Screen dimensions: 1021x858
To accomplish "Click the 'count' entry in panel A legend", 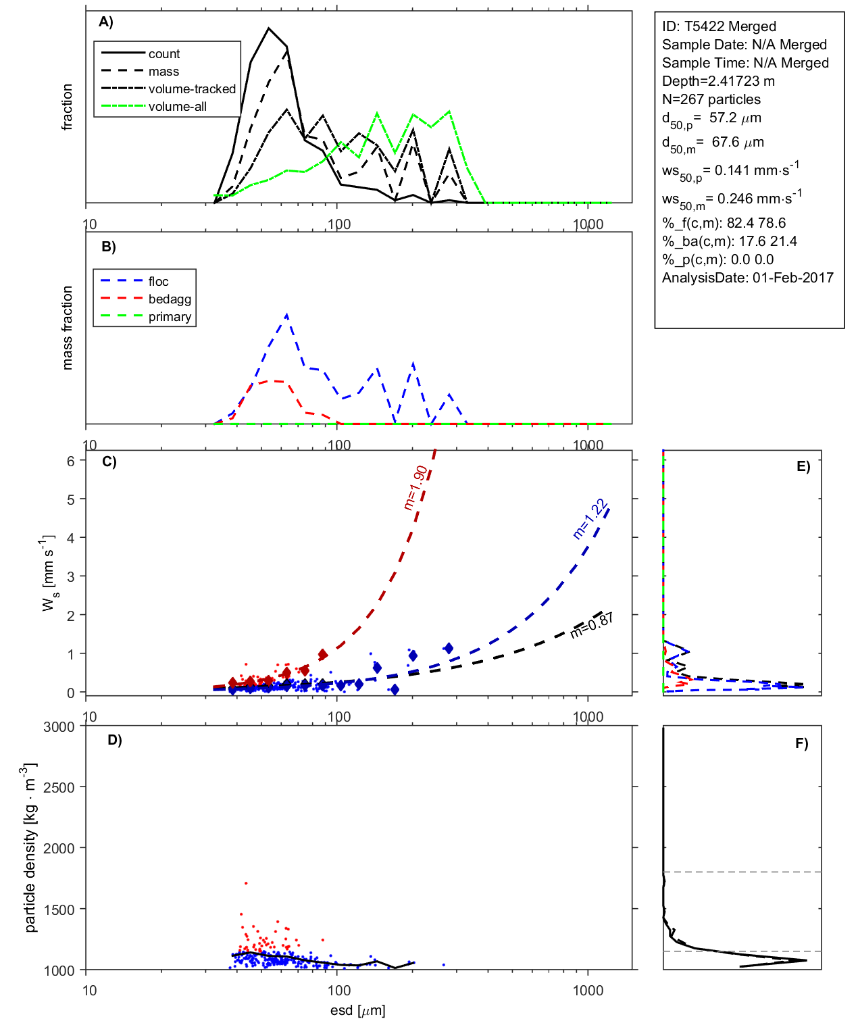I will (x=164, y=54).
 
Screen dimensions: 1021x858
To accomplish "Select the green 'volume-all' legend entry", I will (x=177, y=107).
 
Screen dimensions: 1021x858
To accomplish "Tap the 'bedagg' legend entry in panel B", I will (x=170, y=299).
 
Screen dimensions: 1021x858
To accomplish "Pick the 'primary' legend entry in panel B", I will (x=170, y=317).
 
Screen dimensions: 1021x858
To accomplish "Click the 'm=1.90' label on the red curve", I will (x=415, y=487).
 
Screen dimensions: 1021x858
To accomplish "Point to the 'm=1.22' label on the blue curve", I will (x=590, y=519).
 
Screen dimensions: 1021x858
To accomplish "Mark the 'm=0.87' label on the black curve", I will (x=592, y=626).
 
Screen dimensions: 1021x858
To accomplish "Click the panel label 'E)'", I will (x=803, y=466).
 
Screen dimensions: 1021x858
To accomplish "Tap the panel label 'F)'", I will (x=802, y=743).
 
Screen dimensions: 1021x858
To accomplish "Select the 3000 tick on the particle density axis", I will (x=59, y=727).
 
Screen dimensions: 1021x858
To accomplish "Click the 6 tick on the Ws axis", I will (x=71, y=461).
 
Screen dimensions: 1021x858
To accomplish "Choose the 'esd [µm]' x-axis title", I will (x=358, y=1010).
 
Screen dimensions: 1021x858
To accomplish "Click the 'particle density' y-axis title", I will (x=30, y=848).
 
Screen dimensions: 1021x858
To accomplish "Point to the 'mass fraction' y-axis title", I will (x=67, y=328).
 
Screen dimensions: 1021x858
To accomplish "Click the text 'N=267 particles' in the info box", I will (x=711, y=99).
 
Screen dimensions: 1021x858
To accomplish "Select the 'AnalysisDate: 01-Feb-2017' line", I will (x=747, y=278).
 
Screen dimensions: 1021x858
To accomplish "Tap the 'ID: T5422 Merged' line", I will (x=719, y=26).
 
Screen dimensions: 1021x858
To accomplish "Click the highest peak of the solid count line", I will (x=269, y=28).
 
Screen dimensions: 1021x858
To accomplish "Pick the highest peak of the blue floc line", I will (x=287, y=315).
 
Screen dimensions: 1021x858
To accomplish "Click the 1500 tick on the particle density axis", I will (x=59, y=910).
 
